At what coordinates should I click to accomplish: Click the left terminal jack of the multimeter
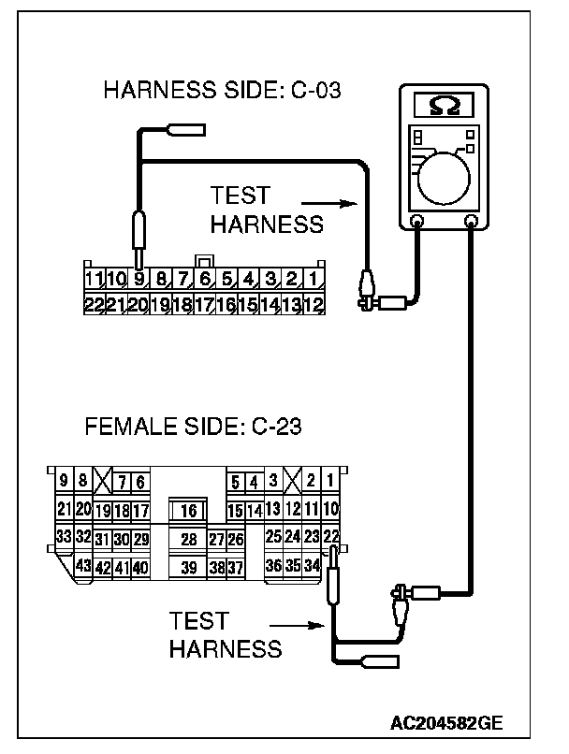pos(417,222)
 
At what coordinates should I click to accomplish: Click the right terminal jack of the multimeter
pos(471,222)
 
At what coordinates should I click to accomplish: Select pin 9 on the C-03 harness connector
pos(139,279)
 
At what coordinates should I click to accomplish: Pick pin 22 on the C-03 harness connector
pos(93,303)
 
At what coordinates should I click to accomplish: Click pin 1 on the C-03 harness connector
pos(315,279)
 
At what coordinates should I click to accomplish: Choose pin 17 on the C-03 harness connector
pos(204,303)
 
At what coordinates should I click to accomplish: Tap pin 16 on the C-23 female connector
pos(188,511)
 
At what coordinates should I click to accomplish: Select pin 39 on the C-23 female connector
pos(188,567)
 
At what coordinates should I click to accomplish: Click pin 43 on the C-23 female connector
pos(82,567)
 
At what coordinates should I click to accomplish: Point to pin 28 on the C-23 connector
pos(188,539)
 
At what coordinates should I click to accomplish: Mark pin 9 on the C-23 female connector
pos(64,481)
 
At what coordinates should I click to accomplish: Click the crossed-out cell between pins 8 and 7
pos(103,481)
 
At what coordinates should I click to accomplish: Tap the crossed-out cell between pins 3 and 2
pos(293,481)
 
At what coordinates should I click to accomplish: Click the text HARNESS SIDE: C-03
pos(221,91)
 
